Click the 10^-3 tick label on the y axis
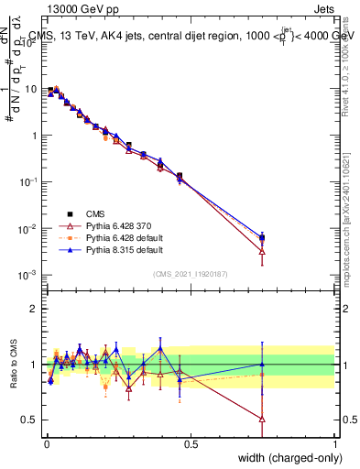coord(27,274)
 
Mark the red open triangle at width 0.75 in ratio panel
coord(263,419)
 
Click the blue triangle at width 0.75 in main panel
coord(263,236)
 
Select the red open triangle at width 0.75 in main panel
coord(263,250)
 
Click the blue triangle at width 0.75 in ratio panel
coord(263,364)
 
